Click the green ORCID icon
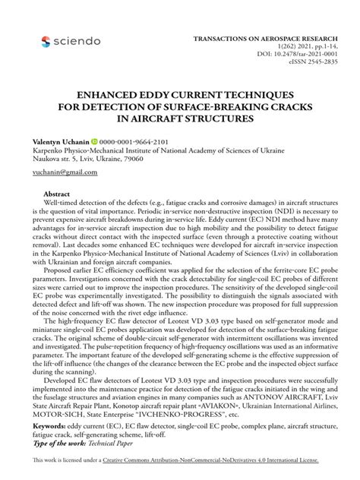click(x=96, y=142)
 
